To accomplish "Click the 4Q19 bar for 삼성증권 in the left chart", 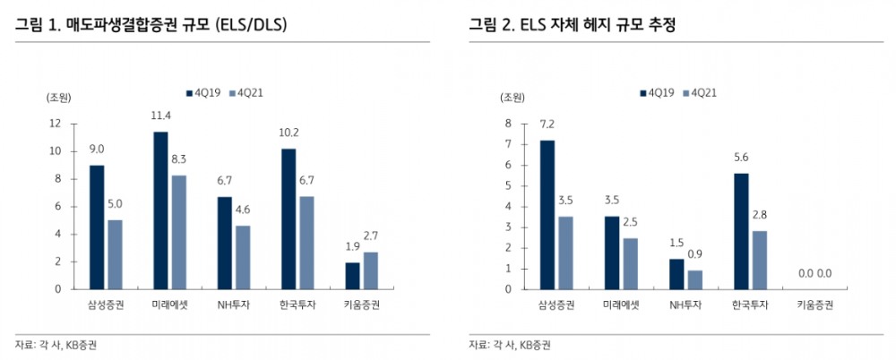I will pos(96,227).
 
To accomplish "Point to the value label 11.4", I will pos(161,116).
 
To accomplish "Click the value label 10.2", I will pos(289,133).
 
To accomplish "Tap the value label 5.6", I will pos(740,157).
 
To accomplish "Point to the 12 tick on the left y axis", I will pos(56,124).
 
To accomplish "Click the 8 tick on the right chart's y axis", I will pos(507,124).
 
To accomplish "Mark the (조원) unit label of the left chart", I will pos(58,97).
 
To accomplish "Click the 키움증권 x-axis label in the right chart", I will pos(815,305).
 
